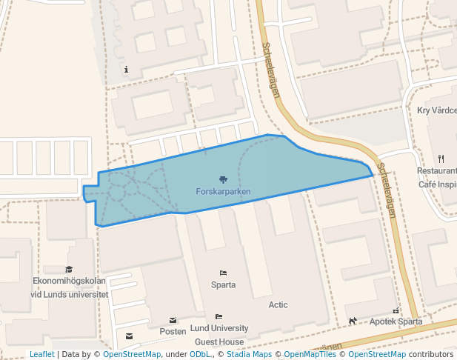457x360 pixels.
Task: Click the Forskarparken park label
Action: tap(223, 191)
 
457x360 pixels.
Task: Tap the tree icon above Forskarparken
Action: tap(223, 179)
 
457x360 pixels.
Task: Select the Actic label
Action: tap(278, 304)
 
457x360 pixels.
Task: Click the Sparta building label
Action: tap(223, 284)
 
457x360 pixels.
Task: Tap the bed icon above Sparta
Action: tap(223, 273)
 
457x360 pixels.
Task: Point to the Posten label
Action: tap(173, 331)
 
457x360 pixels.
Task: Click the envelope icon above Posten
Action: tap(173, 320)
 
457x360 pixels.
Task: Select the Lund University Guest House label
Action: tap(219, 335)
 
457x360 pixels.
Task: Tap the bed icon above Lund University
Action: tap(219, 316)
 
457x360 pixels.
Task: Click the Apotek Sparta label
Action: tap(396, 321)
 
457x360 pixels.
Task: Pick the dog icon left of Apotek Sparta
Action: tap(353, 321)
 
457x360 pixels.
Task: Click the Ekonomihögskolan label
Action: tap(70, 281)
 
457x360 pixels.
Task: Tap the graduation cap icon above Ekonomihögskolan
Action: tap(70, 270)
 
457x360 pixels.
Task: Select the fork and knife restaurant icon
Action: tap(441, 158)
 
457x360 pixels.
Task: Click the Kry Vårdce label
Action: tap(437, 110)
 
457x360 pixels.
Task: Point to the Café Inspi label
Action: tap(437, 184)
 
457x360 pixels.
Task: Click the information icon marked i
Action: tap(127, 70)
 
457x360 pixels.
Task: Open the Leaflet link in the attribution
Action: tap(42, 354)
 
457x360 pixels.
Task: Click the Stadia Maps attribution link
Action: tap(247, 354)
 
